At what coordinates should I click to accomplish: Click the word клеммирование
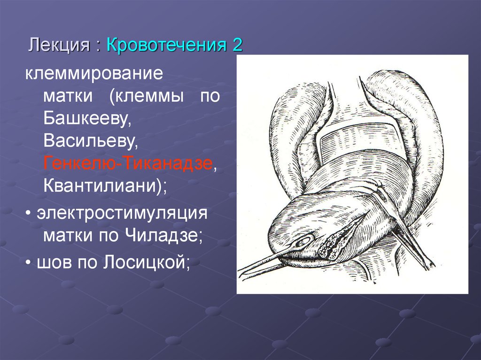(94, 74)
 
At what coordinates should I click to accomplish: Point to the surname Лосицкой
(145, 262)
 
